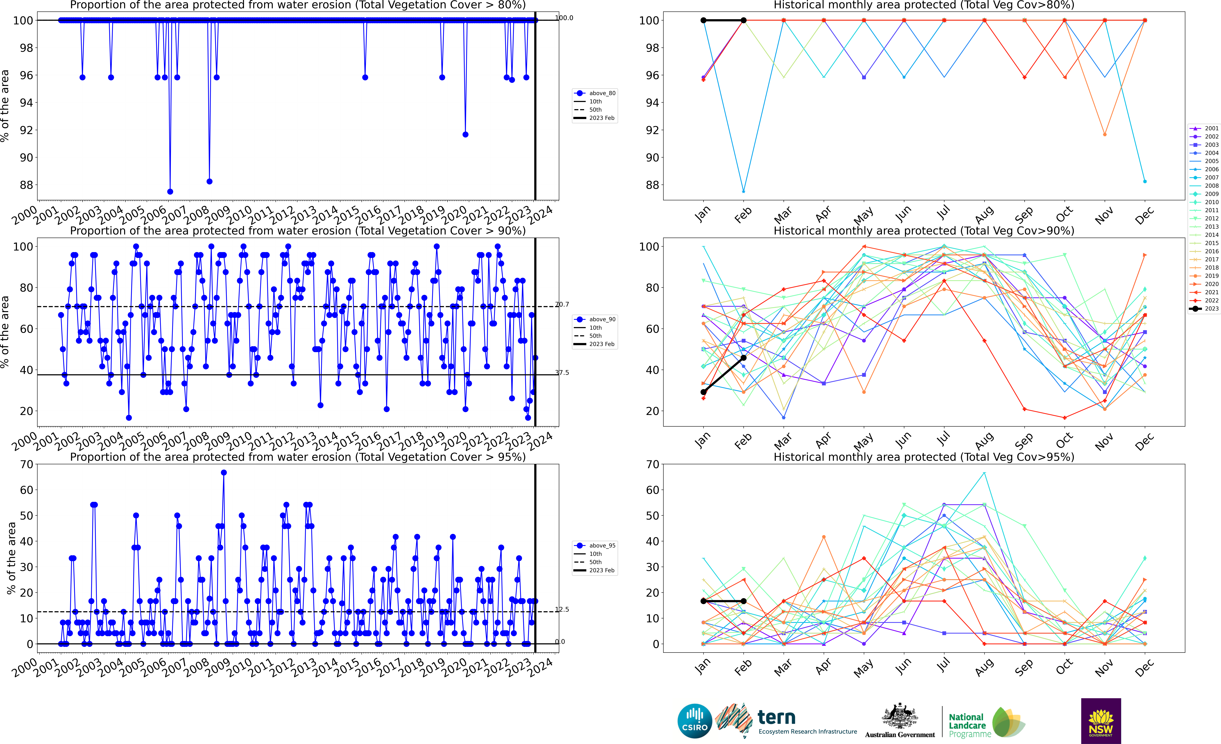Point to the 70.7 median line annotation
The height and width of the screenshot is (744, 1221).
point(562,305)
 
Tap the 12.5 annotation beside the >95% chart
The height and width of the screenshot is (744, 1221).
point(562,610)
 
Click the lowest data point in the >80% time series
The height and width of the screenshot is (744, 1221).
point(170,191)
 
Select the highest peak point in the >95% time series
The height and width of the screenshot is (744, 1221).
point(224,473)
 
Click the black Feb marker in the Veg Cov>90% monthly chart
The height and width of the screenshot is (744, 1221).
point(743,358)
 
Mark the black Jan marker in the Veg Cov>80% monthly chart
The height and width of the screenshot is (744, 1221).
point(703,20)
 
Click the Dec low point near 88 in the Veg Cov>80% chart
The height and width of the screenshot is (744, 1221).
point(1145,182)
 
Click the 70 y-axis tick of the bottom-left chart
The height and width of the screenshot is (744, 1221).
point(27,465)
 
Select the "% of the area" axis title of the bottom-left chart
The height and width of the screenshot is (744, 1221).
point(11,558)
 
